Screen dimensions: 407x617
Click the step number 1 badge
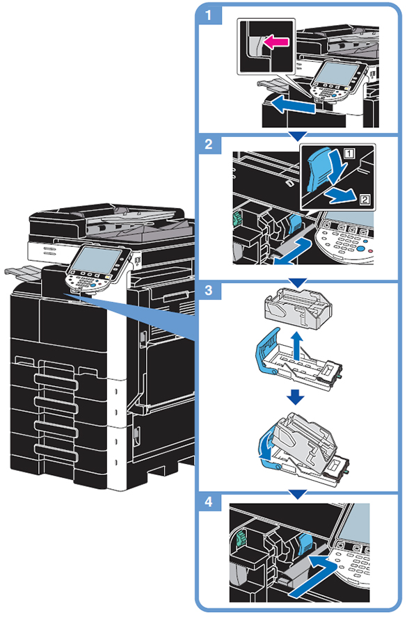coord(209,15)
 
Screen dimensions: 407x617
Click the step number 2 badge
coord(209,144)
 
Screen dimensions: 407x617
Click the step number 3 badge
coord(209,290)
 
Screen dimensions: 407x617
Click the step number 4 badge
coord(209,502)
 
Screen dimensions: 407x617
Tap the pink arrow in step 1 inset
coord(276,41)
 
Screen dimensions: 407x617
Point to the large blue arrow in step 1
coord(294,105)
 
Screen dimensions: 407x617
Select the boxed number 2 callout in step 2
coord(365,200)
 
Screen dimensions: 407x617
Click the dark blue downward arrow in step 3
coord(296,397)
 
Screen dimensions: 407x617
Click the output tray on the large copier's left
coord(23,272)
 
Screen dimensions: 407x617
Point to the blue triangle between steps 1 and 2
coord(298,136)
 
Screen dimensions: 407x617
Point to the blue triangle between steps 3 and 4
coord(298,495)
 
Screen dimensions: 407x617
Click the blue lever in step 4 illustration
coord(305,543)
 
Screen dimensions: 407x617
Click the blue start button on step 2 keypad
coord(361,249)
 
